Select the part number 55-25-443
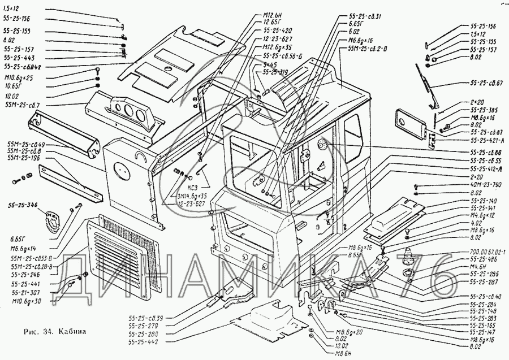tap(18, 58)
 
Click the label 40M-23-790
tap(485, 184)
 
